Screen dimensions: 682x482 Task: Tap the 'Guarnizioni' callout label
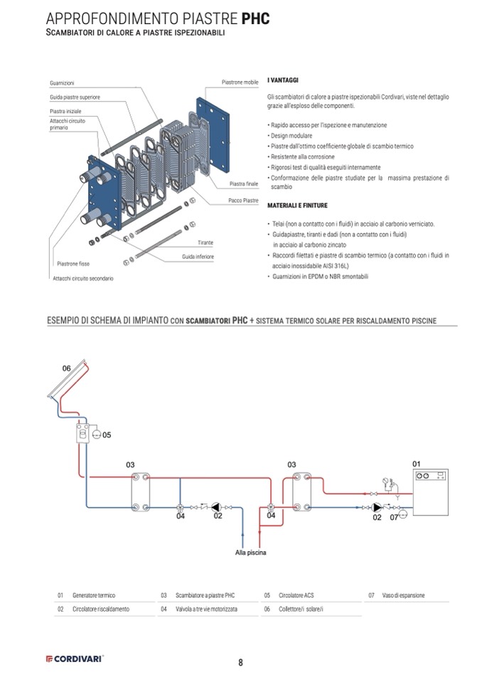tap(62, 83)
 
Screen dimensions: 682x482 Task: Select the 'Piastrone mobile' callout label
tap(240, 82)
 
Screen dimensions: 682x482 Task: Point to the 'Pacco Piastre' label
tap(243, 201)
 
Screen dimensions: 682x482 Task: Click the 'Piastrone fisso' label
tap(72, 263)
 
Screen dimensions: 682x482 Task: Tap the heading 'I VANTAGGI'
tap(283, 81)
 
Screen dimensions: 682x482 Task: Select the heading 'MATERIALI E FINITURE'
tap(297, 206)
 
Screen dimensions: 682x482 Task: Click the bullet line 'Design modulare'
tap(294, 135)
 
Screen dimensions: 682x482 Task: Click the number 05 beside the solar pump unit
tap(107, 434)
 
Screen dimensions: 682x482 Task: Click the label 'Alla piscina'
tap(250, 552)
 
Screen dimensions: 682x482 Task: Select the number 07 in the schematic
tap(394, 517)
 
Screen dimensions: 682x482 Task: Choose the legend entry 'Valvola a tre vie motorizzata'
tap(206, 609)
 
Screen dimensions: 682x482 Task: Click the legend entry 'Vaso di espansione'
tap(402, 595)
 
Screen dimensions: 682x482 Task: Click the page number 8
tap(240, 662)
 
